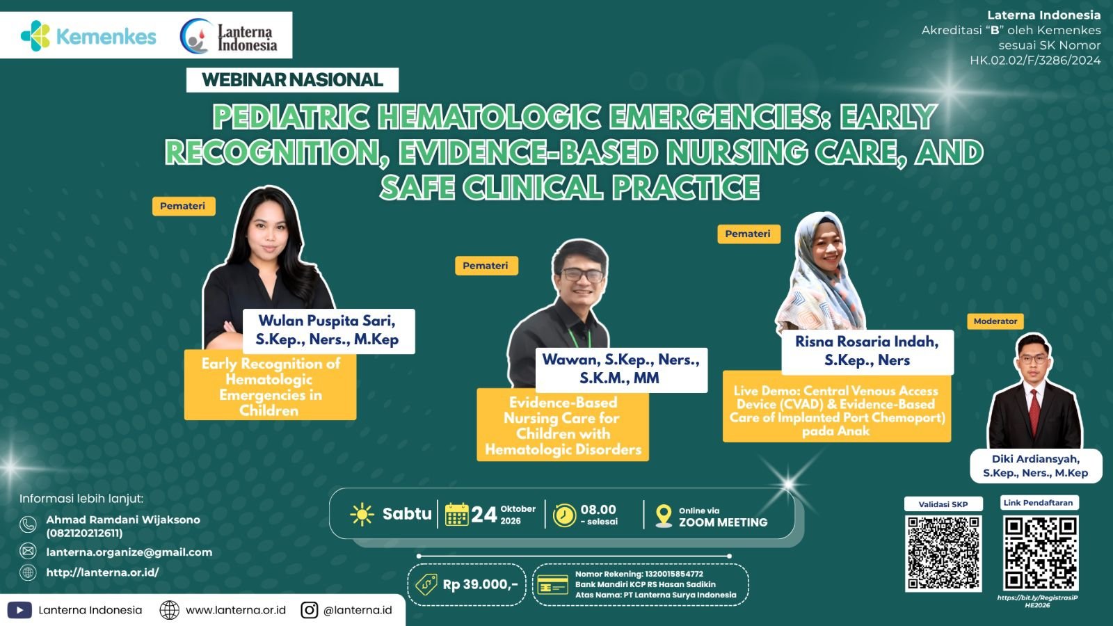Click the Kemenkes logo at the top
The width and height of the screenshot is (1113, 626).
coord(88,36)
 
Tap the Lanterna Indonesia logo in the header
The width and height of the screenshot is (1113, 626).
coord(229,36)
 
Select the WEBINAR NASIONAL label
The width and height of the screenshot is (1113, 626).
coord(292,80)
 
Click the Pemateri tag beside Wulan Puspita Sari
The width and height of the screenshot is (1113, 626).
coord(184,206)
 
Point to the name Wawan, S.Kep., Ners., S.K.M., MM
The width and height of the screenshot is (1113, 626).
coord(620,369)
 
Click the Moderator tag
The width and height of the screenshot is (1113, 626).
coord(995,321)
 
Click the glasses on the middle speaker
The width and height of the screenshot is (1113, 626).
coord(582,275)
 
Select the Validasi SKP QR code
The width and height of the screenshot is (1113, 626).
coord(943,553)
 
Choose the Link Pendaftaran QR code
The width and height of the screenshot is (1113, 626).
coord(1041,553)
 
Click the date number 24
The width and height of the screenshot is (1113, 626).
coord(483,515)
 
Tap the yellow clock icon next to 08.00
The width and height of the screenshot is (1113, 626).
coord(564,515)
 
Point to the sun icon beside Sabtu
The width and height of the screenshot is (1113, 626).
coord(362,514)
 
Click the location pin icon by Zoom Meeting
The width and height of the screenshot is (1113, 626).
coord(664,515)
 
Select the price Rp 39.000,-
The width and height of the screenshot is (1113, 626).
coord(480,585)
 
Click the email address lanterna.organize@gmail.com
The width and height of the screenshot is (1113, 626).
coord(129,552)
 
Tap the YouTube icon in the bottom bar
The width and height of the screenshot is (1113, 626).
coord(20,610)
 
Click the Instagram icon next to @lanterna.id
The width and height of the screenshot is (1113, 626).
coord(309,610)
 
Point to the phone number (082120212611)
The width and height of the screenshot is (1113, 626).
coord(84,533)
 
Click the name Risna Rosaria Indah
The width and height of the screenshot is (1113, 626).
coord(867,342)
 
